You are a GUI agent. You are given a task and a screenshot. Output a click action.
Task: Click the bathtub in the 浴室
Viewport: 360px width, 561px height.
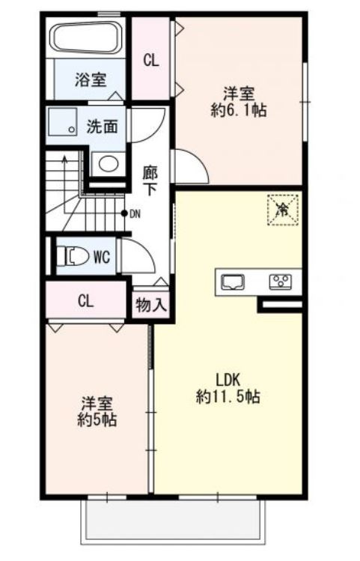click(x=88, y=38)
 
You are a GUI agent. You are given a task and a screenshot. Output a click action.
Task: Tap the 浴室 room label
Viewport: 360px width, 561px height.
click(x=91, y=79)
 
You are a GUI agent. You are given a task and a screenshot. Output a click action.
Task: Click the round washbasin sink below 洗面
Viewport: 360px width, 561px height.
click(x=109, y=164)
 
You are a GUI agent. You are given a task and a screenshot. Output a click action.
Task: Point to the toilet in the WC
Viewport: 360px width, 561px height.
click(x=73, y=256)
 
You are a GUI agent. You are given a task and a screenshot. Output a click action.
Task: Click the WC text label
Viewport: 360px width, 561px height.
click(x=102, y=257)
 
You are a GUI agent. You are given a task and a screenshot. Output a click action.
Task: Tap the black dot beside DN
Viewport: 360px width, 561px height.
click(x=124, y=213)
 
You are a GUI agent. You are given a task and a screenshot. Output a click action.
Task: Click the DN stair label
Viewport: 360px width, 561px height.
click(x=135, y=214)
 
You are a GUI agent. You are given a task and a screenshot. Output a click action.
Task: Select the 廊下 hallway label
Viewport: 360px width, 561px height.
click(x=150, y=181)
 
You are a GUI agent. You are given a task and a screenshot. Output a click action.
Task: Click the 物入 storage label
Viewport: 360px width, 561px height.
click(x=151, y=306)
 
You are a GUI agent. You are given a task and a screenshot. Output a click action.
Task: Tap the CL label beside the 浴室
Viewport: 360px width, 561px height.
click(x=151, y=61)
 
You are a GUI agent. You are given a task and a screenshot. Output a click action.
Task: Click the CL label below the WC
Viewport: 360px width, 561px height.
click(x=86, y=301)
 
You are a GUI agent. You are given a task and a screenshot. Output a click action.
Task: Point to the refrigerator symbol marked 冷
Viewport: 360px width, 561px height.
click(x=283, y=210)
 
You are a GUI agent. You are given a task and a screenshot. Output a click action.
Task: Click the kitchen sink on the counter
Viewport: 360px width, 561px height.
click(x=233, y=282)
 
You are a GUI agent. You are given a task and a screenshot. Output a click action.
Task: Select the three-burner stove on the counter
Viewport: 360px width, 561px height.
click(x=281, y=281)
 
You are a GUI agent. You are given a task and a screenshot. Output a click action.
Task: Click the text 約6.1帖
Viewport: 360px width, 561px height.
click(x=239, y=111)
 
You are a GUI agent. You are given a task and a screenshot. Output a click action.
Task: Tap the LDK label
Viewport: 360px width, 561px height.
click(x=228, y=380)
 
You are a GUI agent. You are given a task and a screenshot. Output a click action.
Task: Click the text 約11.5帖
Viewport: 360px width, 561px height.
click(x=228, y=396)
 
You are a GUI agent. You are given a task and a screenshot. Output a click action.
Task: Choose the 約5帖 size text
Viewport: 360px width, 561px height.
click(x=97, y=419)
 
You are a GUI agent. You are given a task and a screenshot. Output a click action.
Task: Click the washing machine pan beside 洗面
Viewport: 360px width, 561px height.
click(x=63, y=121)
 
